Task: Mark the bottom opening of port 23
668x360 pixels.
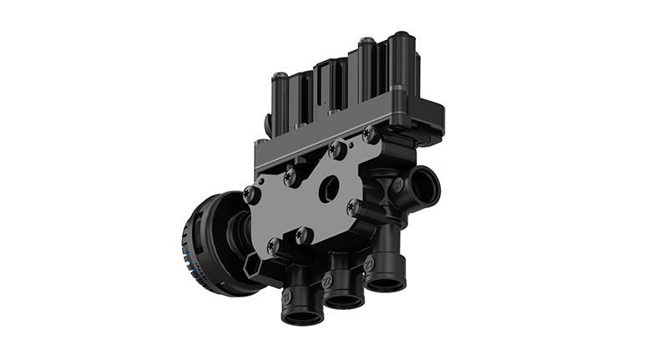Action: [386, 283]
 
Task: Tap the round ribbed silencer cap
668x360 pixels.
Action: [205, 242]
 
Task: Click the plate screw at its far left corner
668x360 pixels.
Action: [248, 195]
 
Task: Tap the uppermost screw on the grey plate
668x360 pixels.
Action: [368, 134]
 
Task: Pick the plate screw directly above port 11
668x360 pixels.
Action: [275, 244]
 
